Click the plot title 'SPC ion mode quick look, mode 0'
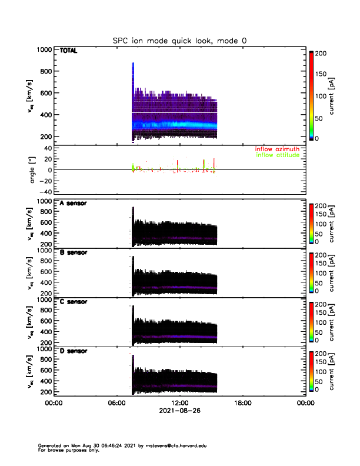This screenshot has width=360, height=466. (179, 40)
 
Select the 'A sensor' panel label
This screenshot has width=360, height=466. (74, 204)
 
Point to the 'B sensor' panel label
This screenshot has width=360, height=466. (74, 253)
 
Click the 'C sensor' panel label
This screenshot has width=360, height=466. (74, 302)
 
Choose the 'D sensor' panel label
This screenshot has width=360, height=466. (74, 351)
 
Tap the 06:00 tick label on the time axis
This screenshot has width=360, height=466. (116, 403)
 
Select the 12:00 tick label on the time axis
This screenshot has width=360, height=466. (179, 403)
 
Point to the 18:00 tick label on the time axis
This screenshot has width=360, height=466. (242, 403)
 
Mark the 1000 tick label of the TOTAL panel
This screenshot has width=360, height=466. (44, 50)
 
